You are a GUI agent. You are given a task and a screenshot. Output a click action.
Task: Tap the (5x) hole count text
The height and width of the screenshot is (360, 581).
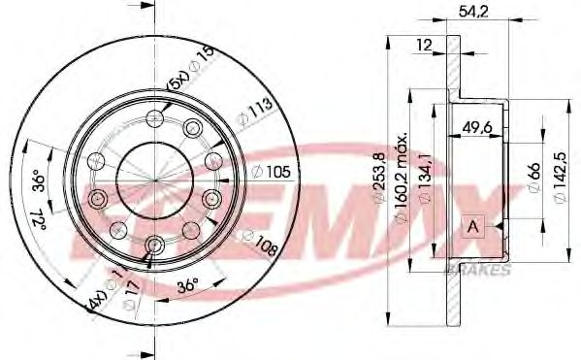(178, 82)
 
